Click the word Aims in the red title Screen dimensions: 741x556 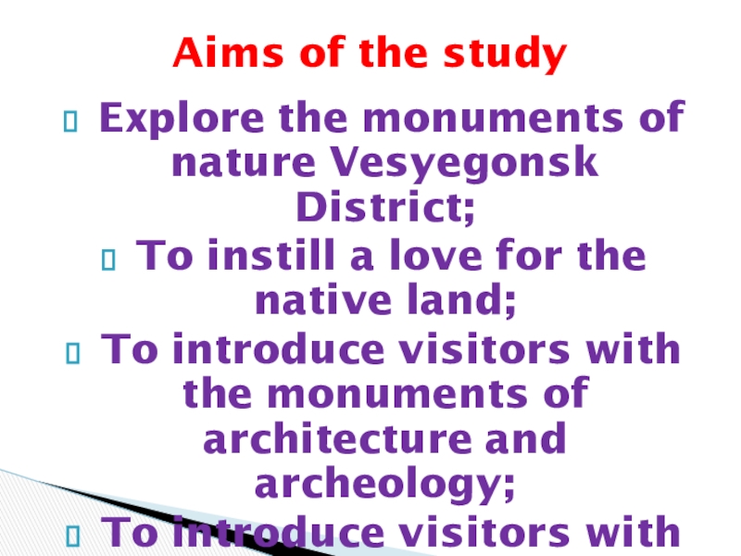pos(228,52)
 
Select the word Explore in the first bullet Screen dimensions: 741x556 pos(182,119)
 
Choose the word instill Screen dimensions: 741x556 pos(271,256)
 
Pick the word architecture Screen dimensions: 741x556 pos(337,438)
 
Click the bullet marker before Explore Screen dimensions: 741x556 pos(70,121)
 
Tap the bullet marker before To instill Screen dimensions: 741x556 pos(108,259)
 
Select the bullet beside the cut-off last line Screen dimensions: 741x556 pos(73,536)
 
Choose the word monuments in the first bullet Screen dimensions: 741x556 pos(494,119)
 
